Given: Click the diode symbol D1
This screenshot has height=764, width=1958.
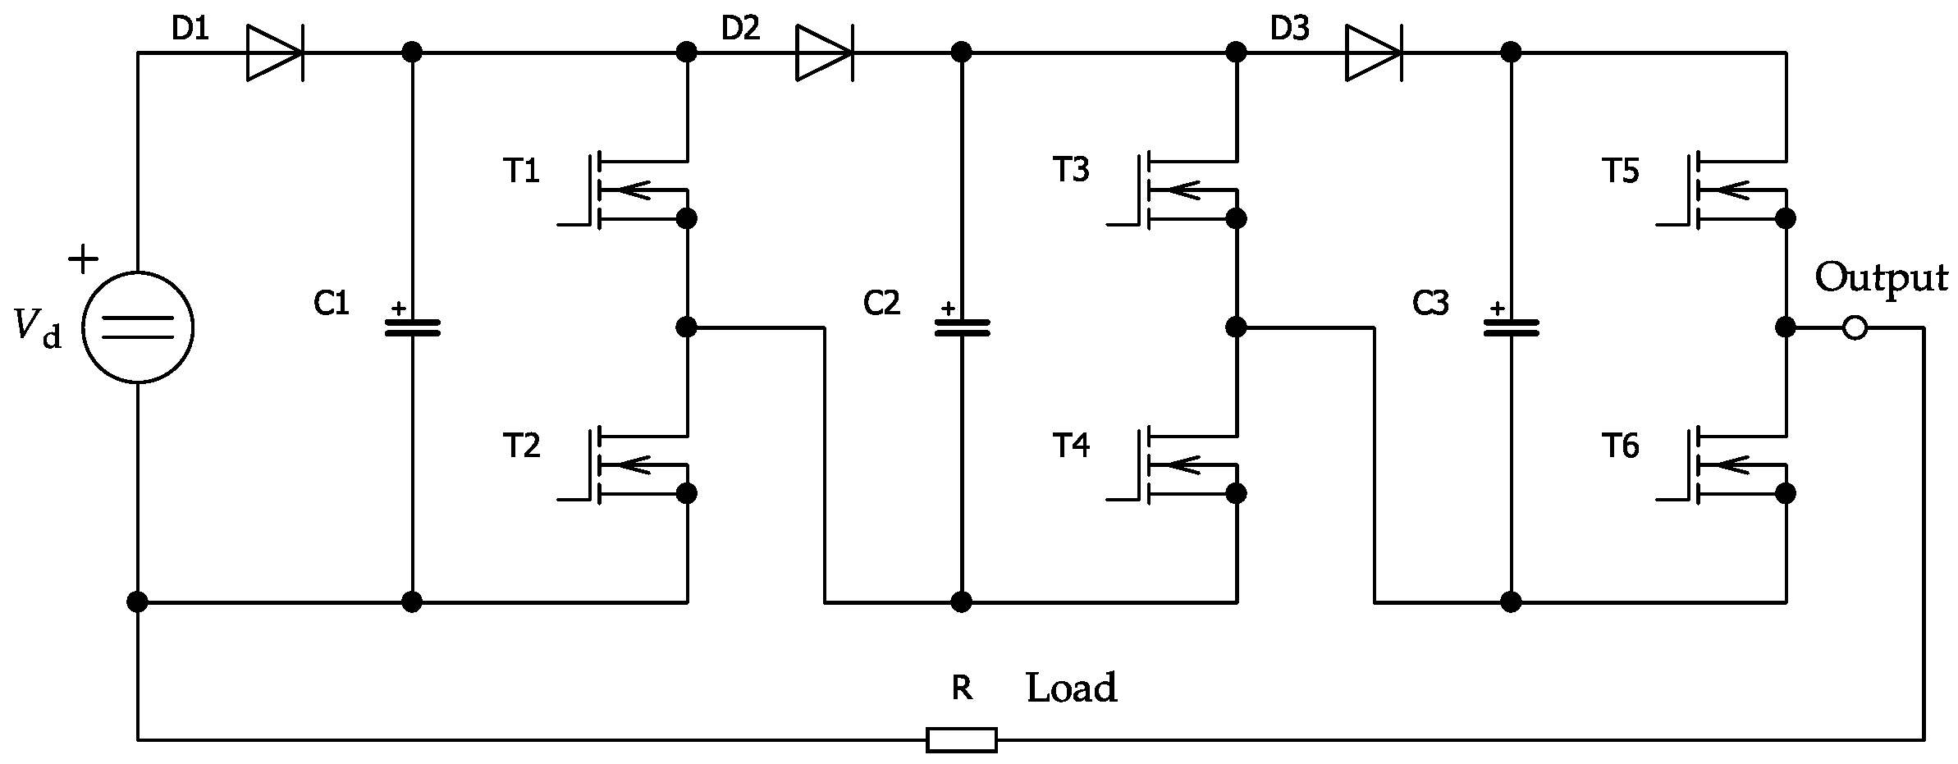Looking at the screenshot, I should tap(274, 53).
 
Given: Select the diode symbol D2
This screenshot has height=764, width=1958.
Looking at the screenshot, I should tap(823, 53).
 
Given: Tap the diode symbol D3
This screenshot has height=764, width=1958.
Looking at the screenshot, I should tap(1373, 53).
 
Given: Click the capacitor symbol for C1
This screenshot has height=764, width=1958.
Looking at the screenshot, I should tap(413, 327).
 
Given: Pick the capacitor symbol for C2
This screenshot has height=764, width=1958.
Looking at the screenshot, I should tap(962, 327).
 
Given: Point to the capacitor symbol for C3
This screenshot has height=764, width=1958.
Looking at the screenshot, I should tap(1511, 327).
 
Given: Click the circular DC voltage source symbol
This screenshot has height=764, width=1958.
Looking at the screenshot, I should tap(138, 327).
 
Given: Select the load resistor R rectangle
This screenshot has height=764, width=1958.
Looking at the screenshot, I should tap(962, 739).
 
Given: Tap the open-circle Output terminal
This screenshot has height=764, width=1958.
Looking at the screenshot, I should tap(1854, 328).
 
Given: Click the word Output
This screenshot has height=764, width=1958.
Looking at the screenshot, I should tap(1880, 279).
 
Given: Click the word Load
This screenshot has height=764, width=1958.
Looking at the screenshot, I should tap(1071, 688).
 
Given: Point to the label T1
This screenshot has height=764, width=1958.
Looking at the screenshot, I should tap(521, 172).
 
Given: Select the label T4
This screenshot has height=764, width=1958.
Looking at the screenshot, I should tap(1071, 446).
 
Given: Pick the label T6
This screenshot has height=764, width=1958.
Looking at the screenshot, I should tap(1620, 446).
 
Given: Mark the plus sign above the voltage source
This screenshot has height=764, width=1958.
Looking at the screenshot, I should tap(82, 260).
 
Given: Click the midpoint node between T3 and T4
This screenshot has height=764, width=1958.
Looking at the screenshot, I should tap(1236, 327).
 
